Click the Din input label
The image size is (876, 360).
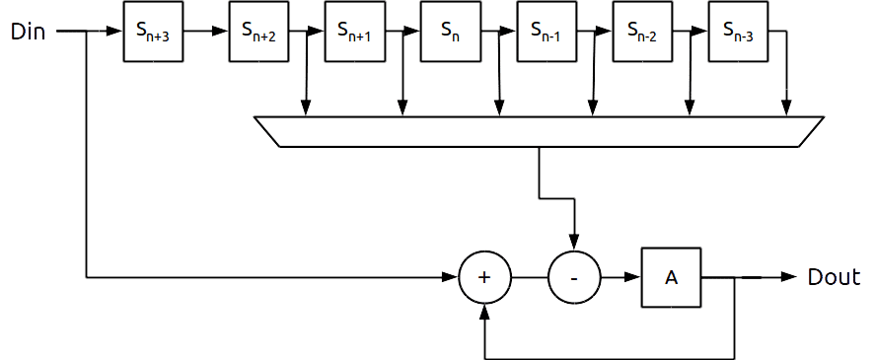pyautogui.click(x=28, y=32)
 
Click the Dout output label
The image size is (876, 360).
pyautogui.click(x=834, y=277)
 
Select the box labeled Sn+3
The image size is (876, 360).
pyautogui.click(x=153, y=32)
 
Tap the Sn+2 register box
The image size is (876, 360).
pyautogui.click(x=258, y=32)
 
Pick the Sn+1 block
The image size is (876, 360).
pyautogui.click(x=355, y=32)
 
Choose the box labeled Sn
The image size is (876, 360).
pyautogui.click(x=451, y=32)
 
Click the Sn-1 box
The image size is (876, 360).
pyautogui.click(x=547, y=32)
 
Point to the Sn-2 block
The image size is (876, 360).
pyautogui.click(x=643, y=32)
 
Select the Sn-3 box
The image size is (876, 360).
pyautogui.click(x=739, y=32)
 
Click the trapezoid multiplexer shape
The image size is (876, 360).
pyautogui.click(x=540, y=132)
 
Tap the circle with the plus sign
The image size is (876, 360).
pyautogui.click(x=485, y=277)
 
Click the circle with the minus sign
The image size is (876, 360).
pyautogui.click(x=574, y=277)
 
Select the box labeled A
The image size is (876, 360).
pyautogui.click(x=671, y=277)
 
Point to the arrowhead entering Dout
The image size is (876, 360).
pyautogui.click(x=789, y=276)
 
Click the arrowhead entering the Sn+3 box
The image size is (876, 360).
pyautogui.click(x=114, y=31)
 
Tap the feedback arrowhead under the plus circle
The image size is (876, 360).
pyautogui.click(x=485, y=312)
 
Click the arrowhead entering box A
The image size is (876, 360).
pyautogui.click(x=633, y=277)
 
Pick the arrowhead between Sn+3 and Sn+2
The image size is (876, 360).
pyautogui.click(x=220, y=31)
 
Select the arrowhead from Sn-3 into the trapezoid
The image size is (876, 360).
pyautogui.click(x=786, y=108)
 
